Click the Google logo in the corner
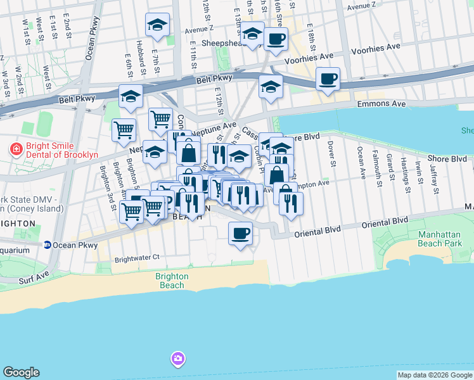[21, 372]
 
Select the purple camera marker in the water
[177, 359]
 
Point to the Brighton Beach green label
[172, 281]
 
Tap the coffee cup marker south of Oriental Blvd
[240, 233]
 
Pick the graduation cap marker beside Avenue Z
[158, 25]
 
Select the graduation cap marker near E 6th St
[131, 96]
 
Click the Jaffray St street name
[434, 179]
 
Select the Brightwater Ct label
[136, 258]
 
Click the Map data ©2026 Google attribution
[434, 375]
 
